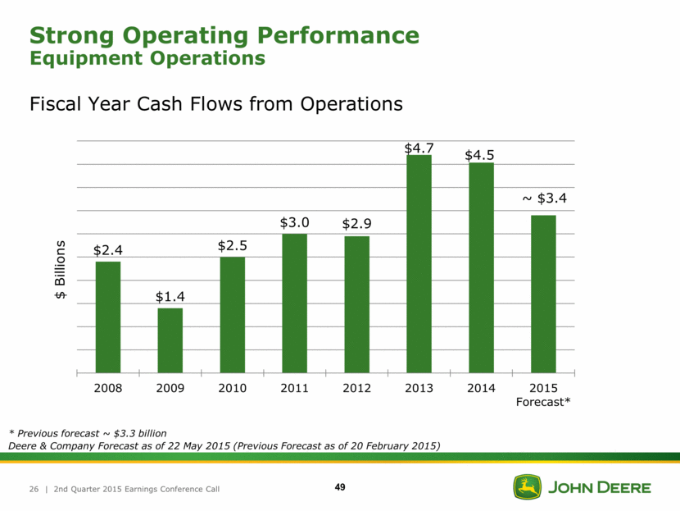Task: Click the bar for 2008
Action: click(x=108, y=317)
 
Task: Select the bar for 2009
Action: click(x=170, y=340)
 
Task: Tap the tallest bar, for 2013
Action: click(x=419, y=263)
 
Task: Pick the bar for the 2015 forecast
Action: click(x=543, y=294)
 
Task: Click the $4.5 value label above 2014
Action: click(x=481, y=155)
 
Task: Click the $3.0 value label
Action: click(x=294, y=223)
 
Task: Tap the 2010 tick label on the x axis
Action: click(x=233, y=388)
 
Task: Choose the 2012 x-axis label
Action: click(x=356, y=388)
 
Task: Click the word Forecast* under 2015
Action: click(x=543, y=402)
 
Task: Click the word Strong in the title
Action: click(x=75, y=35)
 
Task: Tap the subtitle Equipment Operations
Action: click(x=147, y=59)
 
